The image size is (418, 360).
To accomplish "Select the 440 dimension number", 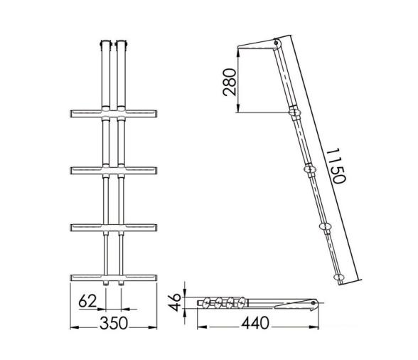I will click(254, 324).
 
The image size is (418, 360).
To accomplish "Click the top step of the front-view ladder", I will click(114, 114).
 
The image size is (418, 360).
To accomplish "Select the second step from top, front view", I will click(114, 170).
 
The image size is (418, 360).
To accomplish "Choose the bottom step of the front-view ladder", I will click(114, 276).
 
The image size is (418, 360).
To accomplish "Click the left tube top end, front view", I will click(104, 43).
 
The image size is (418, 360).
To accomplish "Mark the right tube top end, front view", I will click(122, 43).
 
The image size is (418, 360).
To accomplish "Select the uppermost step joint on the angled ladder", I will click(292, 112).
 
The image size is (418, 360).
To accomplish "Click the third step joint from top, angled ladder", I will click(326, 226).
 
